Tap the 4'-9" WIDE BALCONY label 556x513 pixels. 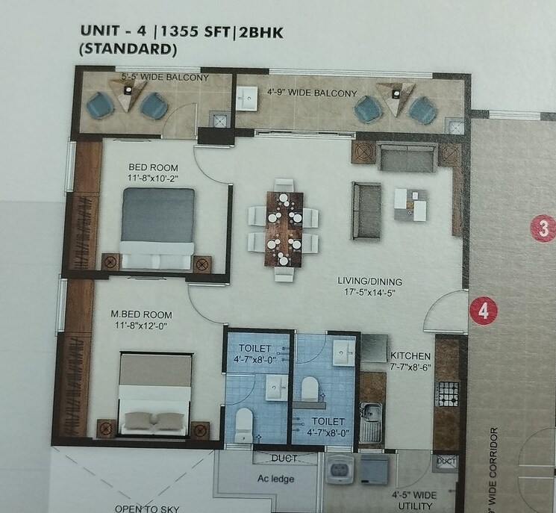point(311,94)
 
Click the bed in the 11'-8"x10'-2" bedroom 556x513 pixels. point(158,226)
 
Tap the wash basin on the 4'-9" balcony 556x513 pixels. point(248,96)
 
